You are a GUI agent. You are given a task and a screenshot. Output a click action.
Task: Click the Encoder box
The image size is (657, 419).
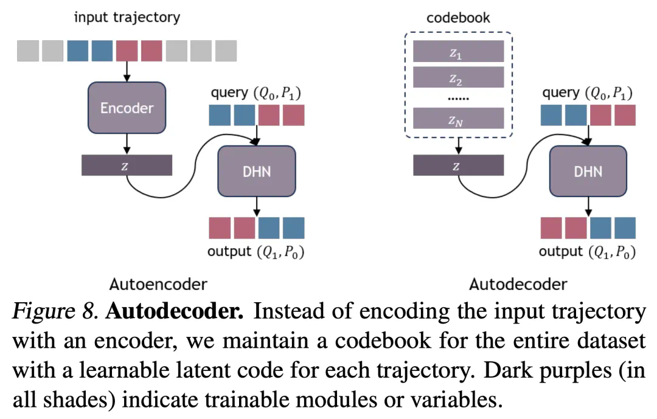[x=127, y=108]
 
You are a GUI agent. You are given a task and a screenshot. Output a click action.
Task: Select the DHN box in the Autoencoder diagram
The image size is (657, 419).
[x=256, y=171]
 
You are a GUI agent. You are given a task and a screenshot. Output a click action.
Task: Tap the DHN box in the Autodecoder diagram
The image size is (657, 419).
[x=588, y=171]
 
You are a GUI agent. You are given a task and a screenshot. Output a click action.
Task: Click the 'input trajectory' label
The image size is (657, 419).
[x=127, y=17]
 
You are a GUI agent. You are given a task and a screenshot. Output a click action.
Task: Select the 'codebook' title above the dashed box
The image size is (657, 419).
[x=458, y=17]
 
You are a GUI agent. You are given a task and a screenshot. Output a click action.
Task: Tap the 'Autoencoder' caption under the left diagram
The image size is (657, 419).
[x=158, y=283]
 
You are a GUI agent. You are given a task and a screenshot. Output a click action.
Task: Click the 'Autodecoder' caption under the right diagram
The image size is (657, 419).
[x=518, y=283]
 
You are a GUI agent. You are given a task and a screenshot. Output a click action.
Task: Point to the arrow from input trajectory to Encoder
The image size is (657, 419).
[x=127, y=72]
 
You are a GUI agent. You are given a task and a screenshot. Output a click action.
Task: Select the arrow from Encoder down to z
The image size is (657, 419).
[x=127, y=144]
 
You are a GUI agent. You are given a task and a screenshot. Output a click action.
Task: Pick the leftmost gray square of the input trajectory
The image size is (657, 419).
[x=27, y=50]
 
